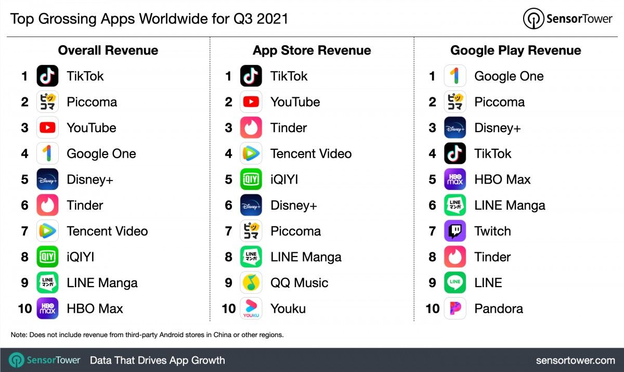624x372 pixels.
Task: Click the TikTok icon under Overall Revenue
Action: (47, 76)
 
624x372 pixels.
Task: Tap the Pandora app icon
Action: (455, 309)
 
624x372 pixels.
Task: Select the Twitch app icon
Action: (455, 231)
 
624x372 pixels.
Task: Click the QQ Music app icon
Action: (251, 283)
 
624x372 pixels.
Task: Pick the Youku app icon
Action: (251, 309)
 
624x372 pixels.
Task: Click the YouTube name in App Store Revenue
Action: (295, 102)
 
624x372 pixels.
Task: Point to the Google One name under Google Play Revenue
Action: (509, 76)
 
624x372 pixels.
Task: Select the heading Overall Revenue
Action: (108, 50)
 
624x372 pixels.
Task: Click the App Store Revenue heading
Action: (312, 50)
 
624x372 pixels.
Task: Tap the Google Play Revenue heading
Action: (516, 50)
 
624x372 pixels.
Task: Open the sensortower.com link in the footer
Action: (575, 360)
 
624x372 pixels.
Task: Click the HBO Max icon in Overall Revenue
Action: (47, 309)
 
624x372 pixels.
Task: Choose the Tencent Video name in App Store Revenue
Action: (311, 153)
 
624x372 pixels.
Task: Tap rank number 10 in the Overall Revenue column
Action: (25, 309)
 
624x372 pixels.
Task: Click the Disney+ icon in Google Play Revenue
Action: (455, 127)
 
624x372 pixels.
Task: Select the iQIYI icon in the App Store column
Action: (251, 179)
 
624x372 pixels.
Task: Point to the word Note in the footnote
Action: (18, 335)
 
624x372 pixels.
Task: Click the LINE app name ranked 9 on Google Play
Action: (488, 283)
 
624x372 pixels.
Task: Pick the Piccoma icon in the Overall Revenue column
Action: (47, 102)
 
